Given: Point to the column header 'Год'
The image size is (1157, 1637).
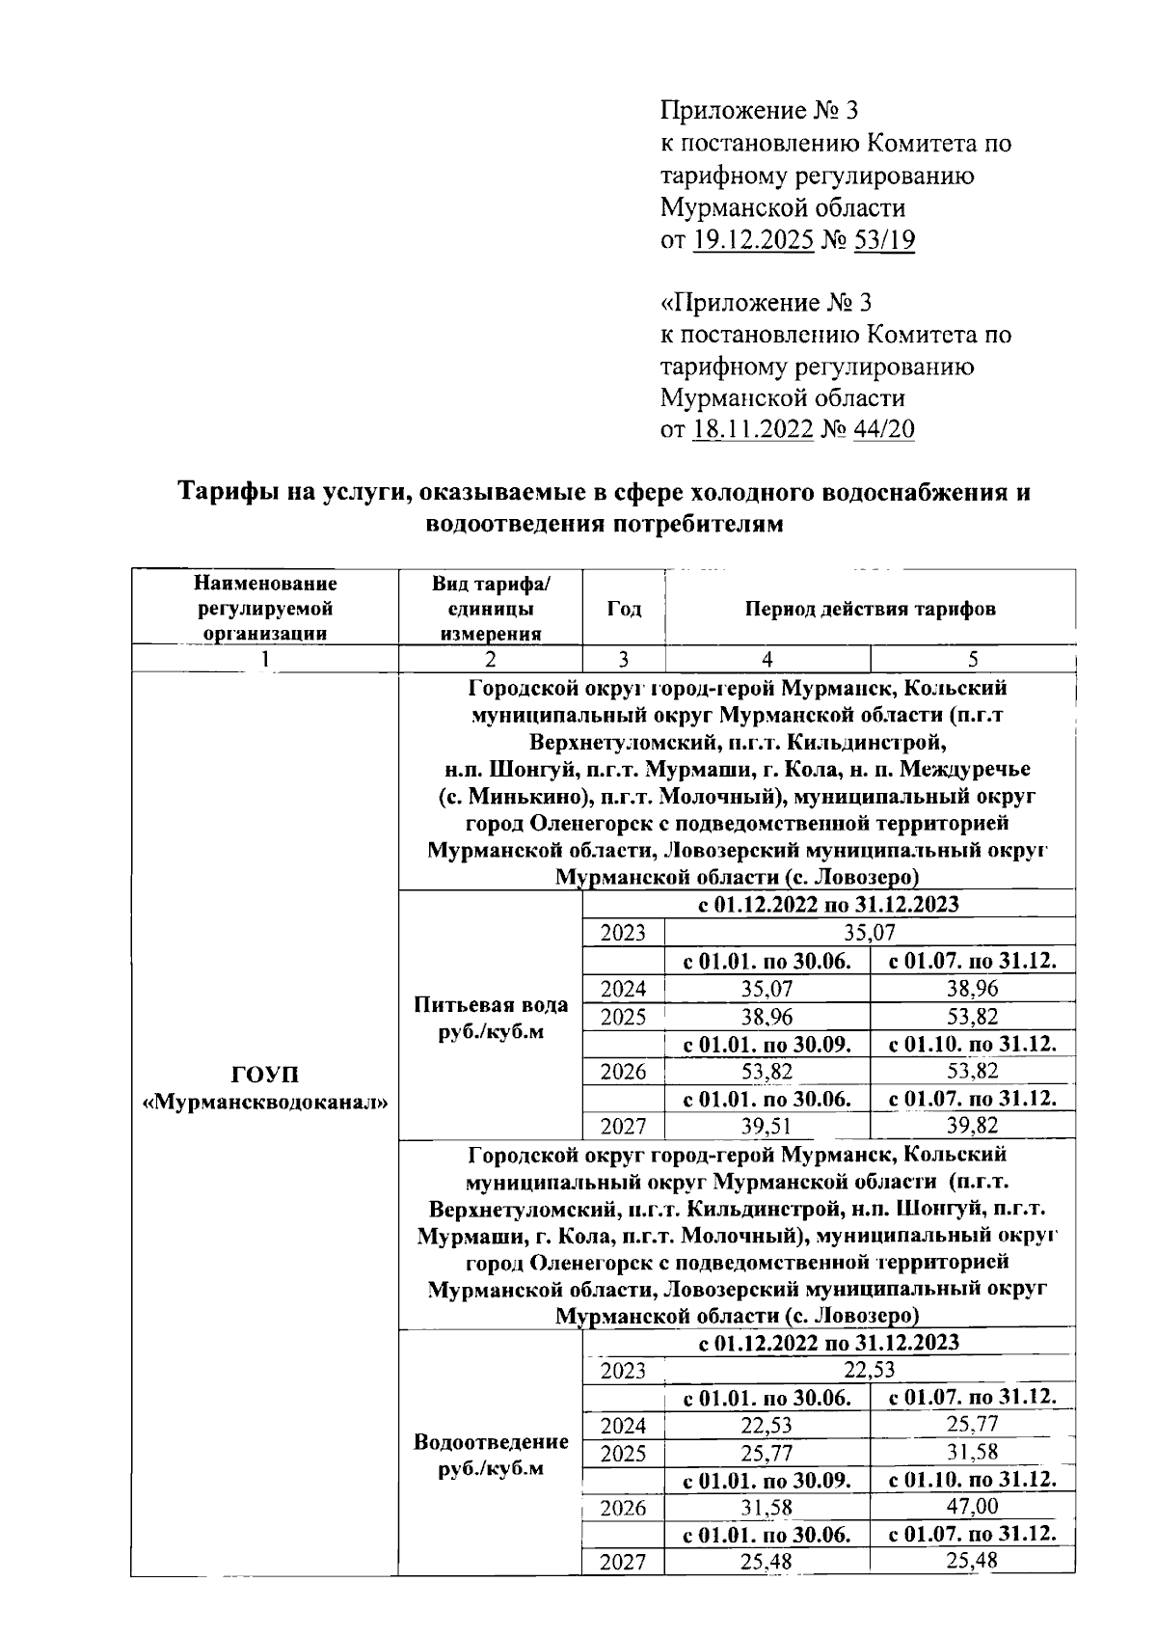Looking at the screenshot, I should pos(624,609).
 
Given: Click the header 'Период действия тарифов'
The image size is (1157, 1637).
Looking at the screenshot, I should pos(870,609).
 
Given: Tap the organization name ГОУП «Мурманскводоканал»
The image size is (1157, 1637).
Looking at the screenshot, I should pos(264,1087).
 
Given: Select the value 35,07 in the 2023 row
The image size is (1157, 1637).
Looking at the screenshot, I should pos(870,933).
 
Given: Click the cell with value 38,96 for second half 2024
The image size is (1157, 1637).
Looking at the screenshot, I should pos(972,988).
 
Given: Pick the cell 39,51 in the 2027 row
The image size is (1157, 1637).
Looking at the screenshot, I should pos(767,1126).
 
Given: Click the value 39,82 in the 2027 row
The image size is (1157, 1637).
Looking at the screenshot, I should pos(972,1126).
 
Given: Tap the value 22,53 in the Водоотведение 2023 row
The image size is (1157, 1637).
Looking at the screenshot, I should pos(870,1370).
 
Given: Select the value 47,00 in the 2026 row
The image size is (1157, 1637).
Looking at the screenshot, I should pos(972,1507).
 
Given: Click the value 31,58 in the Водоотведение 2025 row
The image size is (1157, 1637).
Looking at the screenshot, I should pos(972,1452).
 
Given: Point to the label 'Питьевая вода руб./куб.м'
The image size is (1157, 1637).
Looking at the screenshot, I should pos(491,1018).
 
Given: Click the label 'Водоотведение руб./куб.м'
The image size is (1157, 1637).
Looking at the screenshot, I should pos(491,1455).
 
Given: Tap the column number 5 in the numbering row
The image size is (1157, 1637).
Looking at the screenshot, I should pos(972,659).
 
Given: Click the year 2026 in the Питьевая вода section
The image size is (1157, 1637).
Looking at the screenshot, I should pos(624,1071).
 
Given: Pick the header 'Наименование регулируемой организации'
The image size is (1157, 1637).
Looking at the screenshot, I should pos(265,608).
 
